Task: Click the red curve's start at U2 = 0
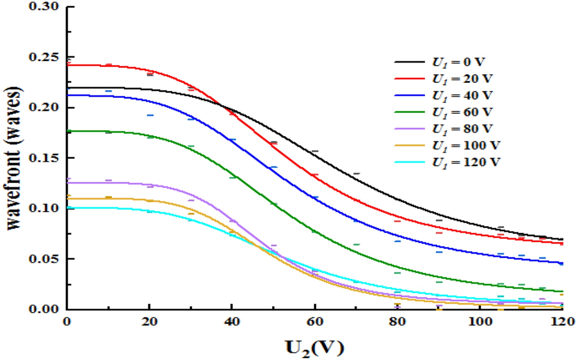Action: point(67,65)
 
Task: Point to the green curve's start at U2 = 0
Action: point(67,131)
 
